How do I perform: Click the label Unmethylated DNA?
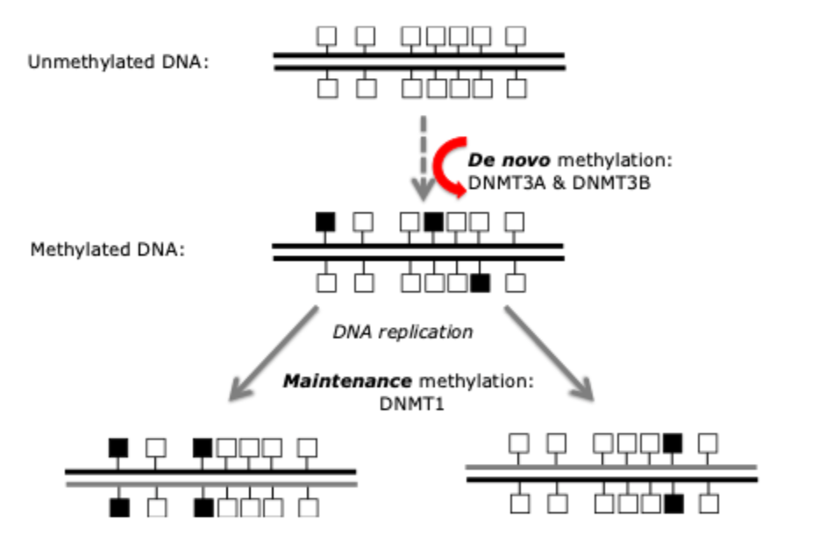117,62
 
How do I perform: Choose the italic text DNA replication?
402,332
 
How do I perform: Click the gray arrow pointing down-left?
271,353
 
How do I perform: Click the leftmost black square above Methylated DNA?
325,222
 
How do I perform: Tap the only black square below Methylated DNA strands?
480,282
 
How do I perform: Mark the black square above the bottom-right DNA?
673,444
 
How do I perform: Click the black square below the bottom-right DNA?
673,503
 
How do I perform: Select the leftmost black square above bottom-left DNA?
118,447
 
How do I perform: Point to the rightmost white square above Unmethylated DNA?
516,36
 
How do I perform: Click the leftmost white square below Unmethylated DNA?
327,89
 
